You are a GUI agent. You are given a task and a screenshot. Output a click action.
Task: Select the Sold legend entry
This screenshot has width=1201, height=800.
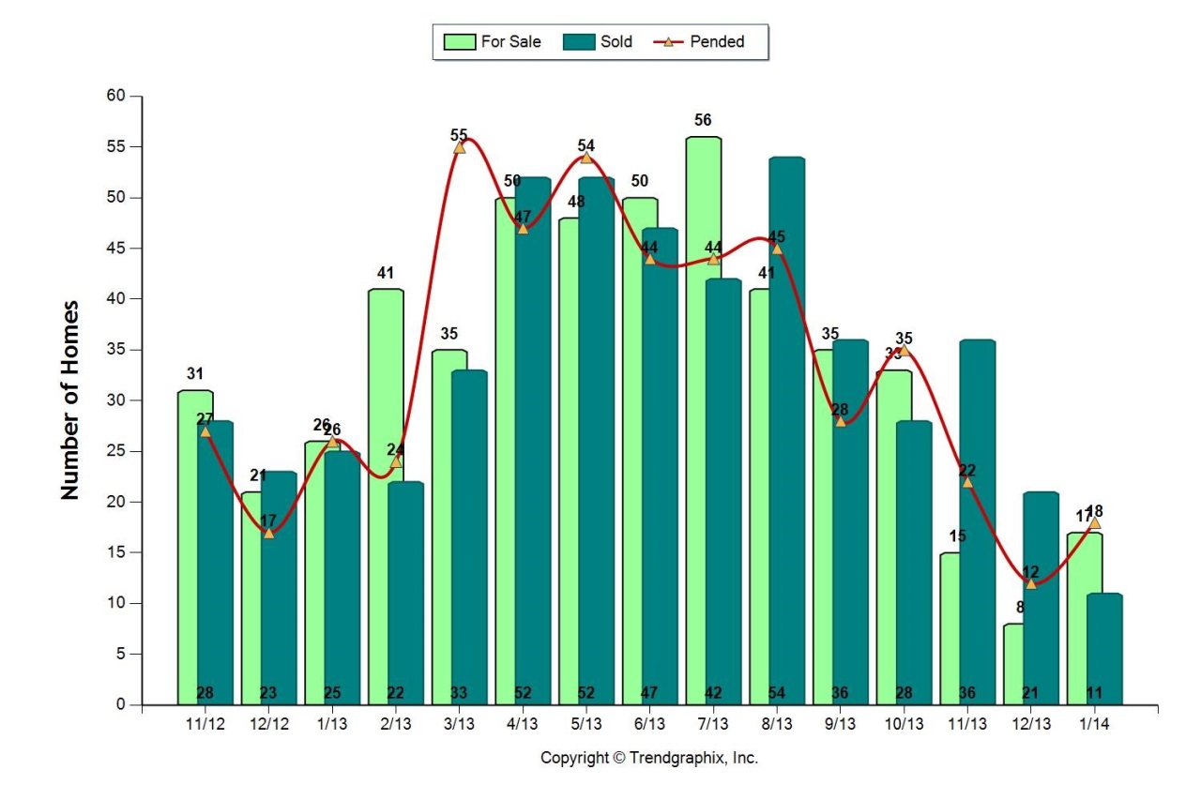point(600,41)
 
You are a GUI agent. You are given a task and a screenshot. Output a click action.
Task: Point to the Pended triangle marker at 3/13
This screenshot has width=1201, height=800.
point(459,146)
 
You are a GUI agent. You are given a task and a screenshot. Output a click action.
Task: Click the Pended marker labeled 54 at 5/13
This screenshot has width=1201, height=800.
point(586,157)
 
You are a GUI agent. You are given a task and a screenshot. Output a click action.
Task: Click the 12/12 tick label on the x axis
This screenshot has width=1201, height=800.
point(268,725)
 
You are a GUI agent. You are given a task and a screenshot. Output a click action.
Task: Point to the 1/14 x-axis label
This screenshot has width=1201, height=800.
point(1094,725)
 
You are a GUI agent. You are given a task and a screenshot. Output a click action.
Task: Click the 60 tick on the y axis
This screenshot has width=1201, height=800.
point(115,96)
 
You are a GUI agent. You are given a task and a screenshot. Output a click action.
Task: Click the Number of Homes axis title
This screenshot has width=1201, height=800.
point(70,400)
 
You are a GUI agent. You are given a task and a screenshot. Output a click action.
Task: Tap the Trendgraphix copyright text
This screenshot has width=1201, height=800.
point(649,758)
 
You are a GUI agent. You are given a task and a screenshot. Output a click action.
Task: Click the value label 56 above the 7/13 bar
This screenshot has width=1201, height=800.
point(703,120)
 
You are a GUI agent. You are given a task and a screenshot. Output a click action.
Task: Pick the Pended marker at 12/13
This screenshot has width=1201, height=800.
point(1030,582)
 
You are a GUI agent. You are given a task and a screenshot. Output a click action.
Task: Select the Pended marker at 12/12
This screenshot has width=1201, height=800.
point(268,532)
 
